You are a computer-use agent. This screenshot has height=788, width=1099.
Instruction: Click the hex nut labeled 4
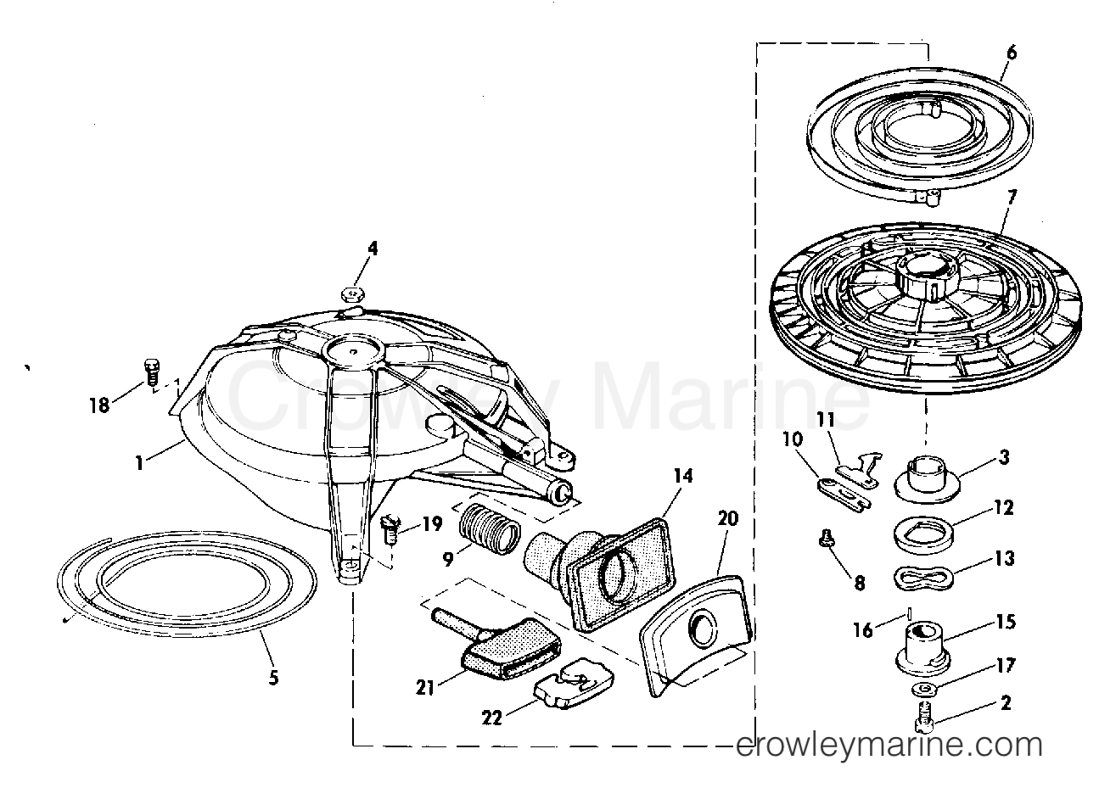pos(353,294)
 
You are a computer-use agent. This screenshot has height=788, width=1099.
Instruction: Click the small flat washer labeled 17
pos(925,689)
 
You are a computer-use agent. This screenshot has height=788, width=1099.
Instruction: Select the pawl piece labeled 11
pos(859,471)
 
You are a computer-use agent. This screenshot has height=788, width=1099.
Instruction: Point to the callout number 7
pos(1011,198)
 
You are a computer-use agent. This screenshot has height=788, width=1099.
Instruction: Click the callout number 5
pos(273,678)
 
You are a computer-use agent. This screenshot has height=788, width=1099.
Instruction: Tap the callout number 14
pos(683,475)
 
